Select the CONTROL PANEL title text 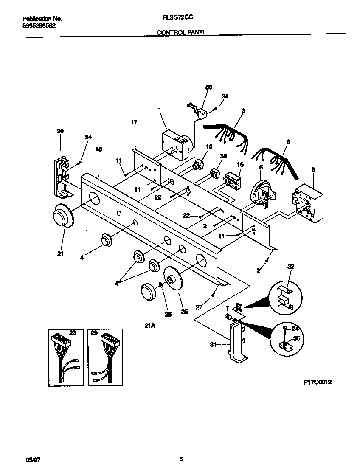point(182,32)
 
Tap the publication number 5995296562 point(39,25)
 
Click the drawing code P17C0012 point(318,382)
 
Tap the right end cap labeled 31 point(237,342)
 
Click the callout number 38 point(208,87)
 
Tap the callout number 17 point(134,122)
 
